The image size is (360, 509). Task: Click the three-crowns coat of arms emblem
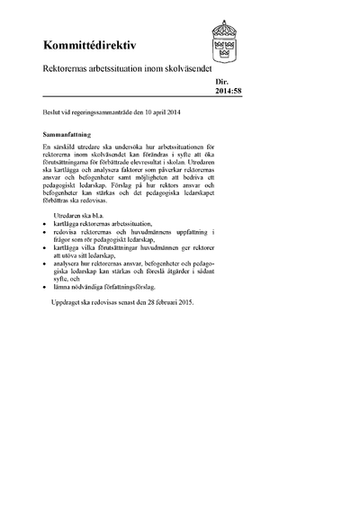[x=224, y=40]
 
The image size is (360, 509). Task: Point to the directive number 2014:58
[x=229, y=89]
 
